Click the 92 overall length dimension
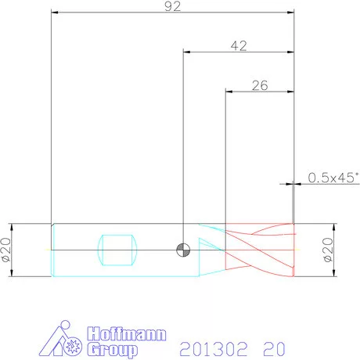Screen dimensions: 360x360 173,6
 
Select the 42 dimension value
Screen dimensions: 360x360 239,46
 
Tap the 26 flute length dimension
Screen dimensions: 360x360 260,86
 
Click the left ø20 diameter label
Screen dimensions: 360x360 6,250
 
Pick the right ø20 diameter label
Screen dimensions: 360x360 328,250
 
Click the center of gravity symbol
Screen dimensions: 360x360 183,250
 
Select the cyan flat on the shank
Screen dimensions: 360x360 117,250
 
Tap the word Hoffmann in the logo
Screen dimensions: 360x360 127,333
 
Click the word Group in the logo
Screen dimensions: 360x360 113,350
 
